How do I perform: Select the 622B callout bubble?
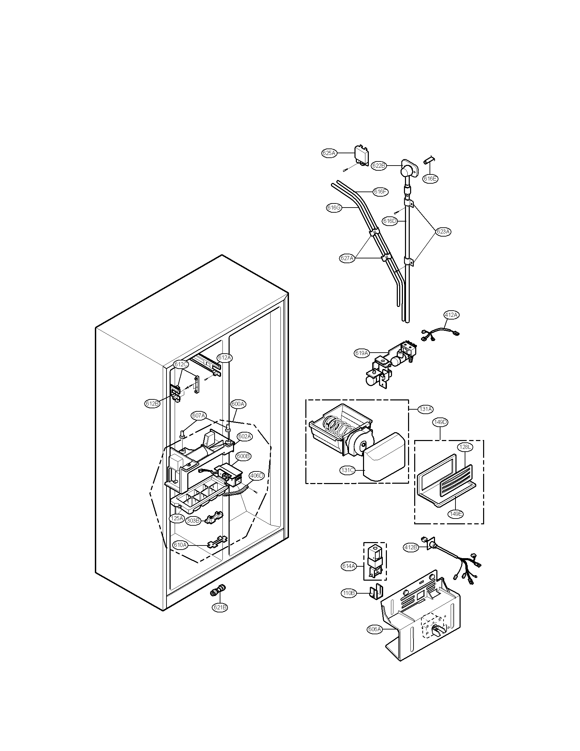pyautogui.click(x=379, y=166)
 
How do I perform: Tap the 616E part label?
pyautogui.click(x=431, y=179)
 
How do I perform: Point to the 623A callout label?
pyautogui.click(x=443, y=231)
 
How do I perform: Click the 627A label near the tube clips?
pyautogui.click(x=347, y=259)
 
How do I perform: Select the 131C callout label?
pyautogui.click(x=347, y=471)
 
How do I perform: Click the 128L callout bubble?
pyautogui.click(x=464, y=447)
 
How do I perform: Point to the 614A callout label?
pyautogui.click(x=349, y=566)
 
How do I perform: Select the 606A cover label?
pyautogui.click(x=375, y=629)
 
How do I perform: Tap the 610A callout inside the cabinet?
pyautogui.click(x=180, y=545)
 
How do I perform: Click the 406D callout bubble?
pyautogui.click(x=256, y=476)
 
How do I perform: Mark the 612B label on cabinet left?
pyautogui.click(x=152, y=404)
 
